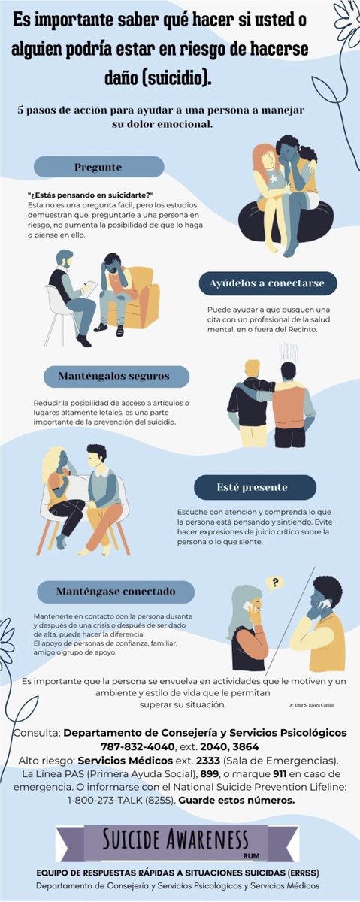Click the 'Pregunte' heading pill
(x=98, y=167)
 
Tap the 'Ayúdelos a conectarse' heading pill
(x=268, y=284)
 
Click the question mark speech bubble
(x=276, y=582)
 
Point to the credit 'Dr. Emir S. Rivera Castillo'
(x=310, y=705)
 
